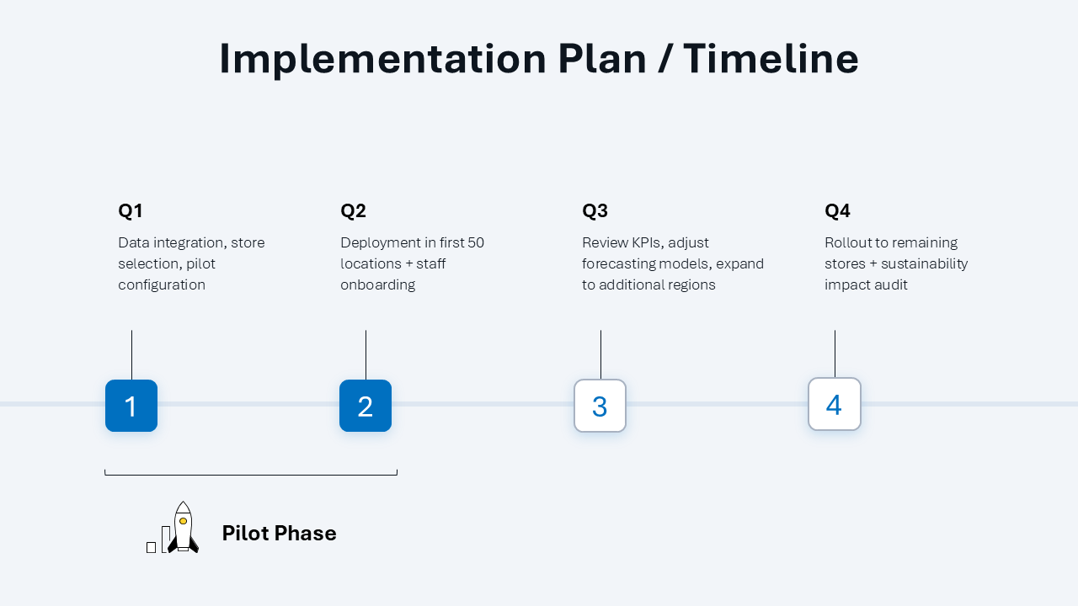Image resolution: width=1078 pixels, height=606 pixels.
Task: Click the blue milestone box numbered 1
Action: pyautogui.click(x=131, y=406)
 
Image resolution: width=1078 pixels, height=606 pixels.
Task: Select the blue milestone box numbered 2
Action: pyautogui.click(x=366, y=406)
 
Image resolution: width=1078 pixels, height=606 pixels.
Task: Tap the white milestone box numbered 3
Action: pyautogui.click(x=600, y=406)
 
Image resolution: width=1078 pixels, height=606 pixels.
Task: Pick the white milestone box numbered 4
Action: pyautogui.click(x=834, y=404)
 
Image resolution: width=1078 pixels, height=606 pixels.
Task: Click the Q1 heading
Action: pyautogui.click(x=131, y=211)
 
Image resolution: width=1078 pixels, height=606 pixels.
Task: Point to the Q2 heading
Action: pyautogui.click(x=354, y=211)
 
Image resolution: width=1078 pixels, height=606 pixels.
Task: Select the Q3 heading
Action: pyautogui.click(x=595, y=211)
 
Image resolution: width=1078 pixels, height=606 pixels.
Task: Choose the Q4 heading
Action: pyautogui.click(x=838, y=211)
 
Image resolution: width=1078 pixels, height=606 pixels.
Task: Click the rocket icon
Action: pyautogui.click(x=182, y=528)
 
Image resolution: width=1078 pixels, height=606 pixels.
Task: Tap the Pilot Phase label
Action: pyautogui.click(x=279, y=533)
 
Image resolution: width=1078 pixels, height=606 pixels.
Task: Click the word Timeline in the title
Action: pyautogui.click(x=771, y=59)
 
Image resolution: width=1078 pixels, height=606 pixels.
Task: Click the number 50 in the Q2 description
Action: pyautogui.click(x=475, y=242)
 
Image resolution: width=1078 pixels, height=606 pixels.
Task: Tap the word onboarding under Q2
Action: pyautogui.click(x=377, y=284)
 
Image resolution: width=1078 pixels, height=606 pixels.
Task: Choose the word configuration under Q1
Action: pyautogui.click(x=162, y=284)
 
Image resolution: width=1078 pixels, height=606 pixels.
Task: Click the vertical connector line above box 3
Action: pyautogui.click(x=600, y=354)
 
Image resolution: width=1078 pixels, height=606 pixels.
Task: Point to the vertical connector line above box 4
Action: pyautogui.click(x=835, y=353)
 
